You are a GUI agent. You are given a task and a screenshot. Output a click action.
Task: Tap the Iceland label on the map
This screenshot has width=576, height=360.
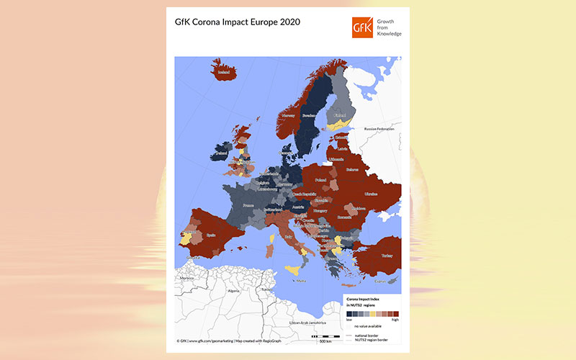pos(223,72)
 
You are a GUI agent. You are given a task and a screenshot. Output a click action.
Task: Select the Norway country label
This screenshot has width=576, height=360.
pos(289,114)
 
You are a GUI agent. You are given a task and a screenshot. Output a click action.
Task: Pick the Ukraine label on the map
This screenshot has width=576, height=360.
pos(371,194)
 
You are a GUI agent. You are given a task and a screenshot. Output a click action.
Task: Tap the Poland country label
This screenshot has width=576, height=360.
pos(320,180)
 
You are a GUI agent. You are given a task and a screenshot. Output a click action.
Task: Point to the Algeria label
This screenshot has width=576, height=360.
pos(233,291)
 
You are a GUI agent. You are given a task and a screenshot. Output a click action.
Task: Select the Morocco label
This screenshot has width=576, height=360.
pos(186,278)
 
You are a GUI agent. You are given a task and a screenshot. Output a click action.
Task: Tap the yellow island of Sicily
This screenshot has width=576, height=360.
pos(294,269)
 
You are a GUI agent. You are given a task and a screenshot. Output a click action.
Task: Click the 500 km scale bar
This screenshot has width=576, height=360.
pos(325,337)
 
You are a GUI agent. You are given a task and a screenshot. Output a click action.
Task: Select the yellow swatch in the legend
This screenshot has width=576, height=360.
pos(372,314)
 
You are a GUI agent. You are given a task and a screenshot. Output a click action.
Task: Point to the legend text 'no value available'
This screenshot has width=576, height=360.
pos(369,327)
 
